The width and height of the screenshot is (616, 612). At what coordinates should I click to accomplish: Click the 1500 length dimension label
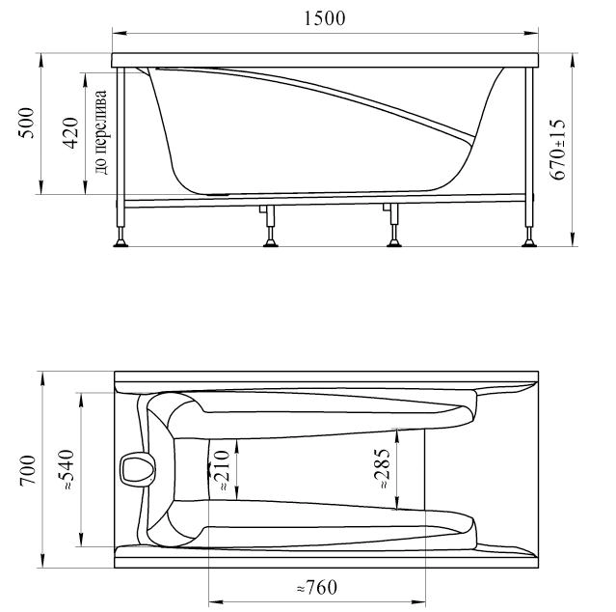[x=325, y=18]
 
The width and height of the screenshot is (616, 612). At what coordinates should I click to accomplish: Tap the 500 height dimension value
[x=27, y=123]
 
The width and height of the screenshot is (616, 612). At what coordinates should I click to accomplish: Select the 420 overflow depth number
[x=71, y=132]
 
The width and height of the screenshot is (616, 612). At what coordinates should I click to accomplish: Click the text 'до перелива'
[x=101, y=132]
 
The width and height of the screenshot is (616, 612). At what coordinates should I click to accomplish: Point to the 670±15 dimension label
[x=557, y=149]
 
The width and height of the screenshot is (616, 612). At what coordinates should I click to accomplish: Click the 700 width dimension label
[x=28, y=470]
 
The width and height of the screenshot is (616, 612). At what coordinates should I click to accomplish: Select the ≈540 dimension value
[x=66, y=469]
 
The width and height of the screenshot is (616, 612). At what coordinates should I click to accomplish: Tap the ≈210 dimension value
[x=221, y=470]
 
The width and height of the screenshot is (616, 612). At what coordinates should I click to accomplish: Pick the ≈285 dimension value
[x=382, y=468]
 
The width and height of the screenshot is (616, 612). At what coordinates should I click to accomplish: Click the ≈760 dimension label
[x=316, y=587]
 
